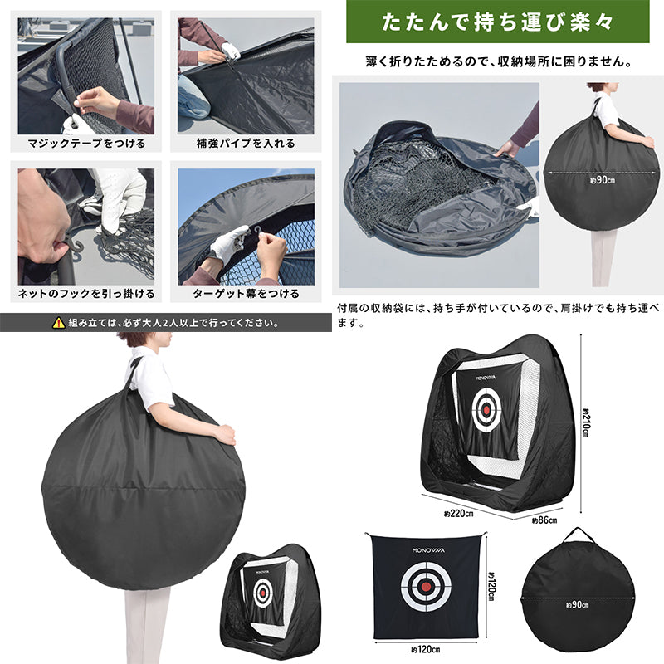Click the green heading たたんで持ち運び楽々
pyautogui.click(x=498, y=22)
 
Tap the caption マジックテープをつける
pyautogui.click(x=86, y=143)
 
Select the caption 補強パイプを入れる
pyautogui.click(x=246, y=143)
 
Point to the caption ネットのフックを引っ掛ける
pyautogui.click(x=86, y=294)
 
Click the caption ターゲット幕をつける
pyautogui.click(x=246, y=294)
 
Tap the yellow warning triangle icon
pyautogui.click(x=58, y=323)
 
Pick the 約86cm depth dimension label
pyautogui.click(x=544, y=520)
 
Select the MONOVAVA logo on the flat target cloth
pyautogui.click(x=426, y=548)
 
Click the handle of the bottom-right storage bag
pyautogui.click(x=579, y=533)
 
